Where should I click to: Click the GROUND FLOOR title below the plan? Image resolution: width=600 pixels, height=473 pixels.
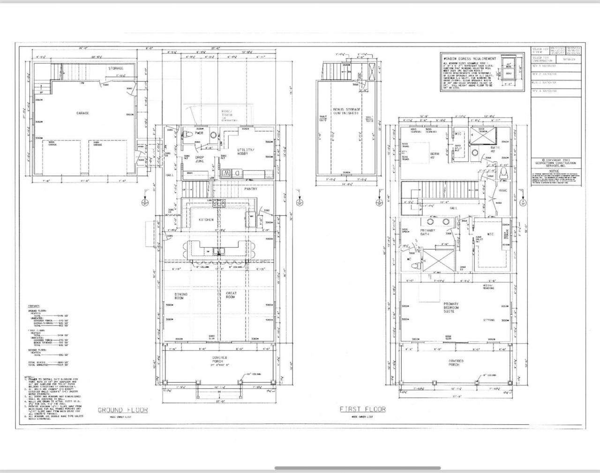[122, 410]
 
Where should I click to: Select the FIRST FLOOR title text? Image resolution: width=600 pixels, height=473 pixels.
[363, 409]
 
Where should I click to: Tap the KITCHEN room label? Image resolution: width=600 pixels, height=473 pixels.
[206, 219]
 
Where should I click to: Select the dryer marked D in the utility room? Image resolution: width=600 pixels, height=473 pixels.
[238, 173]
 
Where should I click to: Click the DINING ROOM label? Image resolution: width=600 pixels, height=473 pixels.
[181, 296]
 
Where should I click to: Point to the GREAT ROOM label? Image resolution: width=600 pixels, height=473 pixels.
[231, 295]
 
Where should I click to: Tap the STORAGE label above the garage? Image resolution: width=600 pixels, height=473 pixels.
[116, 68]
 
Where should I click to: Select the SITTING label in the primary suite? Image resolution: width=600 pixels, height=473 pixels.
[489, 320]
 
